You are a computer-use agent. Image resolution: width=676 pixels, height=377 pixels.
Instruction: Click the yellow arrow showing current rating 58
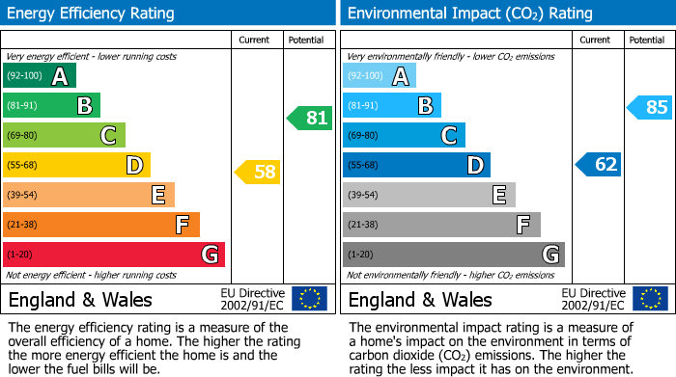point(258,173)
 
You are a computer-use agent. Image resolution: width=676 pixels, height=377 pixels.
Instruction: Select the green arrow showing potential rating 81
point(310,119)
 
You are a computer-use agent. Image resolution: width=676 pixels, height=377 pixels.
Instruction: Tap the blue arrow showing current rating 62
point(599,165)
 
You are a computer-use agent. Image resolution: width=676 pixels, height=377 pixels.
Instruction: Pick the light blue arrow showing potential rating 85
point(650,107)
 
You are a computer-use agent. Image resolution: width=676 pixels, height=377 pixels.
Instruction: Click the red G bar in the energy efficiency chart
point(113,255)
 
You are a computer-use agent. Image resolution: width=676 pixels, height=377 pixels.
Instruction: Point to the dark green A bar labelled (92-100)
point(39,76)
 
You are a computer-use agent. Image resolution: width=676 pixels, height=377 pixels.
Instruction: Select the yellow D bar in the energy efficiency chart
point(76,165)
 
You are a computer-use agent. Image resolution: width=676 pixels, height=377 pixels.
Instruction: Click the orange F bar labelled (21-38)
point(100,225)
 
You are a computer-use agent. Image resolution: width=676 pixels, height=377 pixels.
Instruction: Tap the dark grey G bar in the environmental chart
point(453,255)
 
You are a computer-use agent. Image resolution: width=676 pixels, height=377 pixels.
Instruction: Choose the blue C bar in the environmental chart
point(404,135)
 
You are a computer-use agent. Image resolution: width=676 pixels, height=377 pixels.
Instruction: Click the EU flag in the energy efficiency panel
point(309,299)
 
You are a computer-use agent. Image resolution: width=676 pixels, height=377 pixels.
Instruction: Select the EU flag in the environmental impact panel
point(649,299)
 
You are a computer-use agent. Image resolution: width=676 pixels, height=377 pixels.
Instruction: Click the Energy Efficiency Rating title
point(92,13)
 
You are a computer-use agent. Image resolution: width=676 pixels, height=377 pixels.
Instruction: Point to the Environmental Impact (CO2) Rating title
point(469,13)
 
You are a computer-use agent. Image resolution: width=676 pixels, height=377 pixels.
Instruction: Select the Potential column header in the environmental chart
point(647,40)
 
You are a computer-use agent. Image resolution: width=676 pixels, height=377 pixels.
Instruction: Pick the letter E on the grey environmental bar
point(499,195)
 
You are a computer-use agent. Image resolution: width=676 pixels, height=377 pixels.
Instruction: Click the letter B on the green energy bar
point(84,106)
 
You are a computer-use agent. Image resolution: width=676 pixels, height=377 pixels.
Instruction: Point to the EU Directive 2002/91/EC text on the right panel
point(592,299)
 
